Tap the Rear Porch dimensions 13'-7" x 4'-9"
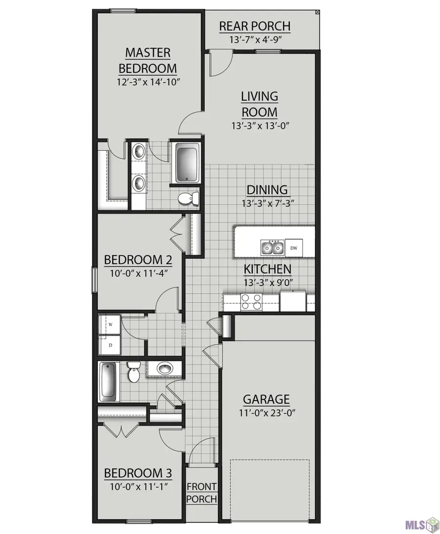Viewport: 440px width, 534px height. [255, 40]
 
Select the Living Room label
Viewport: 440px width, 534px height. [260, 104]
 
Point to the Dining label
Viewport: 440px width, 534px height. [267, 190]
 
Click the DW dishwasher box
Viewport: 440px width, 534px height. [294, 248]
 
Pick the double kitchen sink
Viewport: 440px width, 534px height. [272, 247]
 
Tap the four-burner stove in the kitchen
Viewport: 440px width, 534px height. [251, 302]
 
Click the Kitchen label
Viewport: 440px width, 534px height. [267, 269]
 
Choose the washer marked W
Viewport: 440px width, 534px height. [110, 325]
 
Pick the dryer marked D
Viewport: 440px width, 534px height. [110, 345]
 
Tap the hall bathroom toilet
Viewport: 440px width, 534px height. [133, 372]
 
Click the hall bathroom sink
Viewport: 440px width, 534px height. [166, 369]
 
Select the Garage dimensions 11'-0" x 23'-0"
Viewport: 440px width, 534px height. [266, 413]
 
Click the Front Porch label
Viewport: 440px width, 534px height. [201, 493]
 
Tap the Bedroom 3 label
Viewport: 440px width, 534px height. [138, 473]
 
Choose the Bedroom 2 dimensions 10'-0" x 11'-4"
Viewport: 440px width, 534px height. [139, 273]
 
